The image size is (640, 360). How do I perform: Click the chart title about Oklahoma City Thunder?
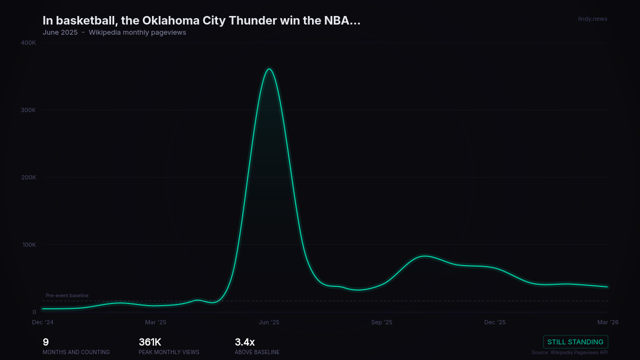202,21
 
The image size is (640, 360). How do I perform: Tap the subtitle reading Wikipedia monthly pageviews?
137,33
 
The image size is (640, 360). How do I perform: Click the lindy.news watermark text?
593,19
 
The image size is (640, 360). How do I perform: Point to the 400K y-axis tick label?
28,43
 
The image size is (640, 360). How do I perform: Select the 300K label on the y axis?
28,110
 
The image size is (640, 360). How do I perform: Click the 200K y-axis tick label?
28,178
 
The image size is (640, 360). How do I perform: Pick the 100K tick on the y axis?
28,245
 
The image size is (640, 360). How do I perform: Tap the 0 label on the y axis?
34,313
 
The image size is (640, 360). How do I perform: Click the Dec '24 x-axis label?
43,322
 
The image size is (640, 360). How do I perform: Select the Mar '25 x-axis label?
156,322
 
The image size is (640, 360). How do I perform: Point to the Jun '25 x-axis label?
269,322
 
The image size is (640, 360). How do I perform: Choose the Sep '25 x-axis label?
382,322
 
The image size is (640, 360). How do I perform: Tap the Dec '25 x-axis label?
495,322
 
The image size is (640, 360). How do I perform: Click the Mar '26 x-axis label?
608,322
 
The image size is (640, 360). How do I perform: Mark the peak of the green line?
269,69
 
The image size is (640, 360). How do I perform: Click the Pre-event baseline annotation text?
67,295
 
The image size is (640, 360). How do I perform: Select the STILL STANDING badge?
575,342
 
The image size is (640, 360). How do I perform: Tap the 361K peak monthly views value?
150,342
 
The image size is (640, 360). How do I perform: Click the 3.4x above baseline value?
245,342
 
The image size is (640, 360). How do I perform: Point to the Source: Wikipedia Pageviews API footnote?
570,353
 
